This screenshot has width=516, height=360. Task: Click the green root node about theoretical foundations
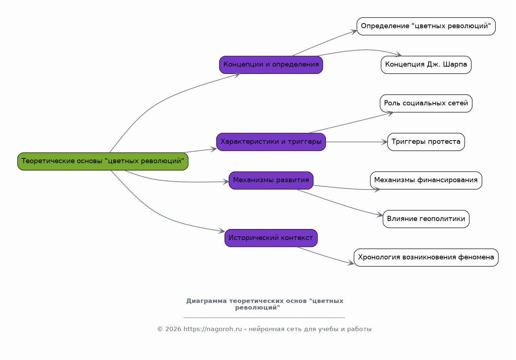103,161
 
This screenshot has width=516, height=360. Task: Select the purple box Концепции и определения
271,65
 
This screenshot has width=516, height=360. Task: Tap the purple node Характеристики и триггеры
271,142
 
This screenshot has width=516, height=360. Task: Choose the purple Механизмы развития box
271,180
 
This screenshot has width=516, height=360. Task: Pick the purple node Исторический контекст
271,238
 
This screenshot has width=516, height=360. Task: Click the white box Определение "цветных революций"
426,26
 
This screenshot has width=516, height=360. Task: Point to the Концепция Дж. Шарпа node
426,65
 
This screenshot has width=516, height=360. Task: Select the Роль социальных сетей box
426,104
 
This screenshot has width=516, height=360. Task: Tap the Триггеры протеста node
426,142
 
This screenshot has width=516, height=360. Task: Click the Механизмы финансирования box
426,180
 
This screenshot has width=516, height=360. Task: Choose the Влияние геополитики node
426,219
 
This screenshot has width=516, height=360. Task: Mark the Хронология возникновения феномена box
426,258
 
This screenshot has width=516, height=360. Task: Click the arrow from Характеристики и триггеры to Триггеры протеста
357,142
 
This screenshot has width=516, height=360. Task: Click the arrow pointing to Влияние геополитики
339,204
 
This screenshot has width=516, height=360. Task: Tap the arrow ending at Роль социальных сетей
351,123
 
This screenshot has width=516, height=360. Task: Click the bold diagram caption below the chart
265,304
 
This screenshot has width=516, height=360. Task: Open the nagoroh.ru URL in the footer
212,329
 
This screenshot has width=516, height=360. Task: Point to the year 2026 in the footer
173,329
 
